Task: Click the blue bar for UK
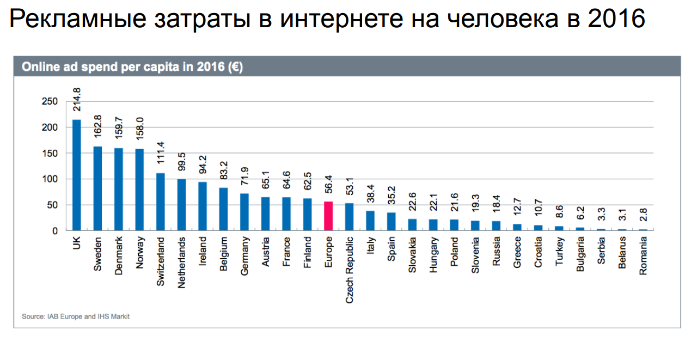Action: pyautogui.click(x=77, y=175)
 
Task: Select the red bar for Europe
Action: pyautogui.click(x=328, y=216)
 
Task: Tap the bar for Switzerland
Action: pyautogui.click(x=161, y=202)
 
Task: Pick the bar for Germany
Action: pyautogui.click(x=244, y=212)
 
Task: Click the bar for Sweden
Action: pyautogui.click(x=98, y=188)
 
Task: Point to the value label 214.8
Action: pyautogui.click(x=77, y=100)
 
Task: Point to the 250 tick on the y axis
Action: pyautogui.click(x=50, y=101)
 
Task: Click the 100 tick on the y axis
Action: pyautogui.click(x=50, y=179)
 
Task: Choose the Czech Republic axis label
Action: pyautogui.click(x=350, y=269)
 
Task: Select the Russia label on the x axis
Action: pyautogui.click(x=496, y=254)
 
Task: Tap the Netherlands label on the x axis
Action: pyautogui.click(x=182, y=262)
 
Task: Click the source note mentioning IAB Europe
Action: pyautogui.click(x=76, y=316)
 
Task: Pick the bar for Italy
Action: pyautogui.click(x=370, y=221)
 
